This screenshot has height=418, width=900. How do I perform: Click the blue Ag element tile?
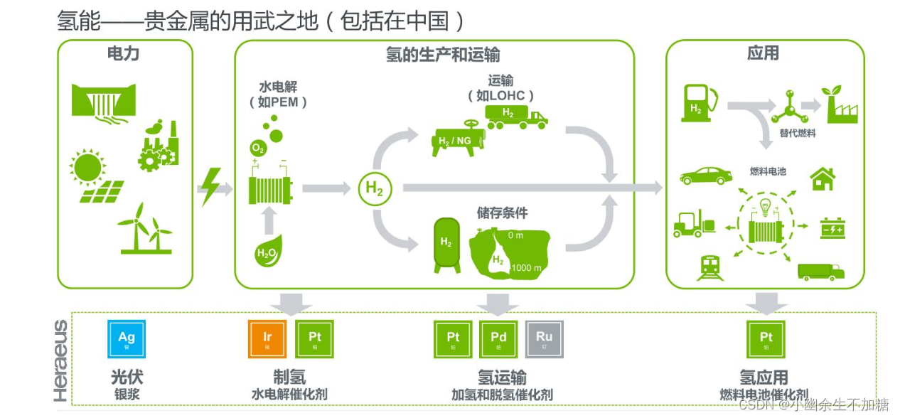(x=127, y=339)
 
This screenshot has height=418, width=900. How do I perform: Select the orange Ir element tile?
(x=267, y=339)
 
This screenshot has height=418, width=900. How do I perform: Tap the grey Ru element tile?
(x=544, y=339)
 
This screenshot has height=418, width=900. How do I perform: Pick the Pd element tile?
(x=498, y=339)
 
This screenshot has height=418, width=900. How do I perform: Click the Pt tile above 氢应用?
(x=766, y=339)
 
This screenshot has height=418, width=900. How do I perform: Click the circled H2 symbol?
(x=375, y=188)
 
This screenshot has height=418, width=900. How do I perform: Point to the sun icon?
(x=87, y=167)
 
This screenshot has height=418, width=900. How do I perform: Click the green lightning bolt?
(x=210, y=187)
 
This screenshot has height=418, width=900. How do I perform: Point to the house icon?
(x=823, y=178)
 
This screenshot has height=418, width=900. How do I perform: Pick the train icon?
(x=710, y=267)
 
